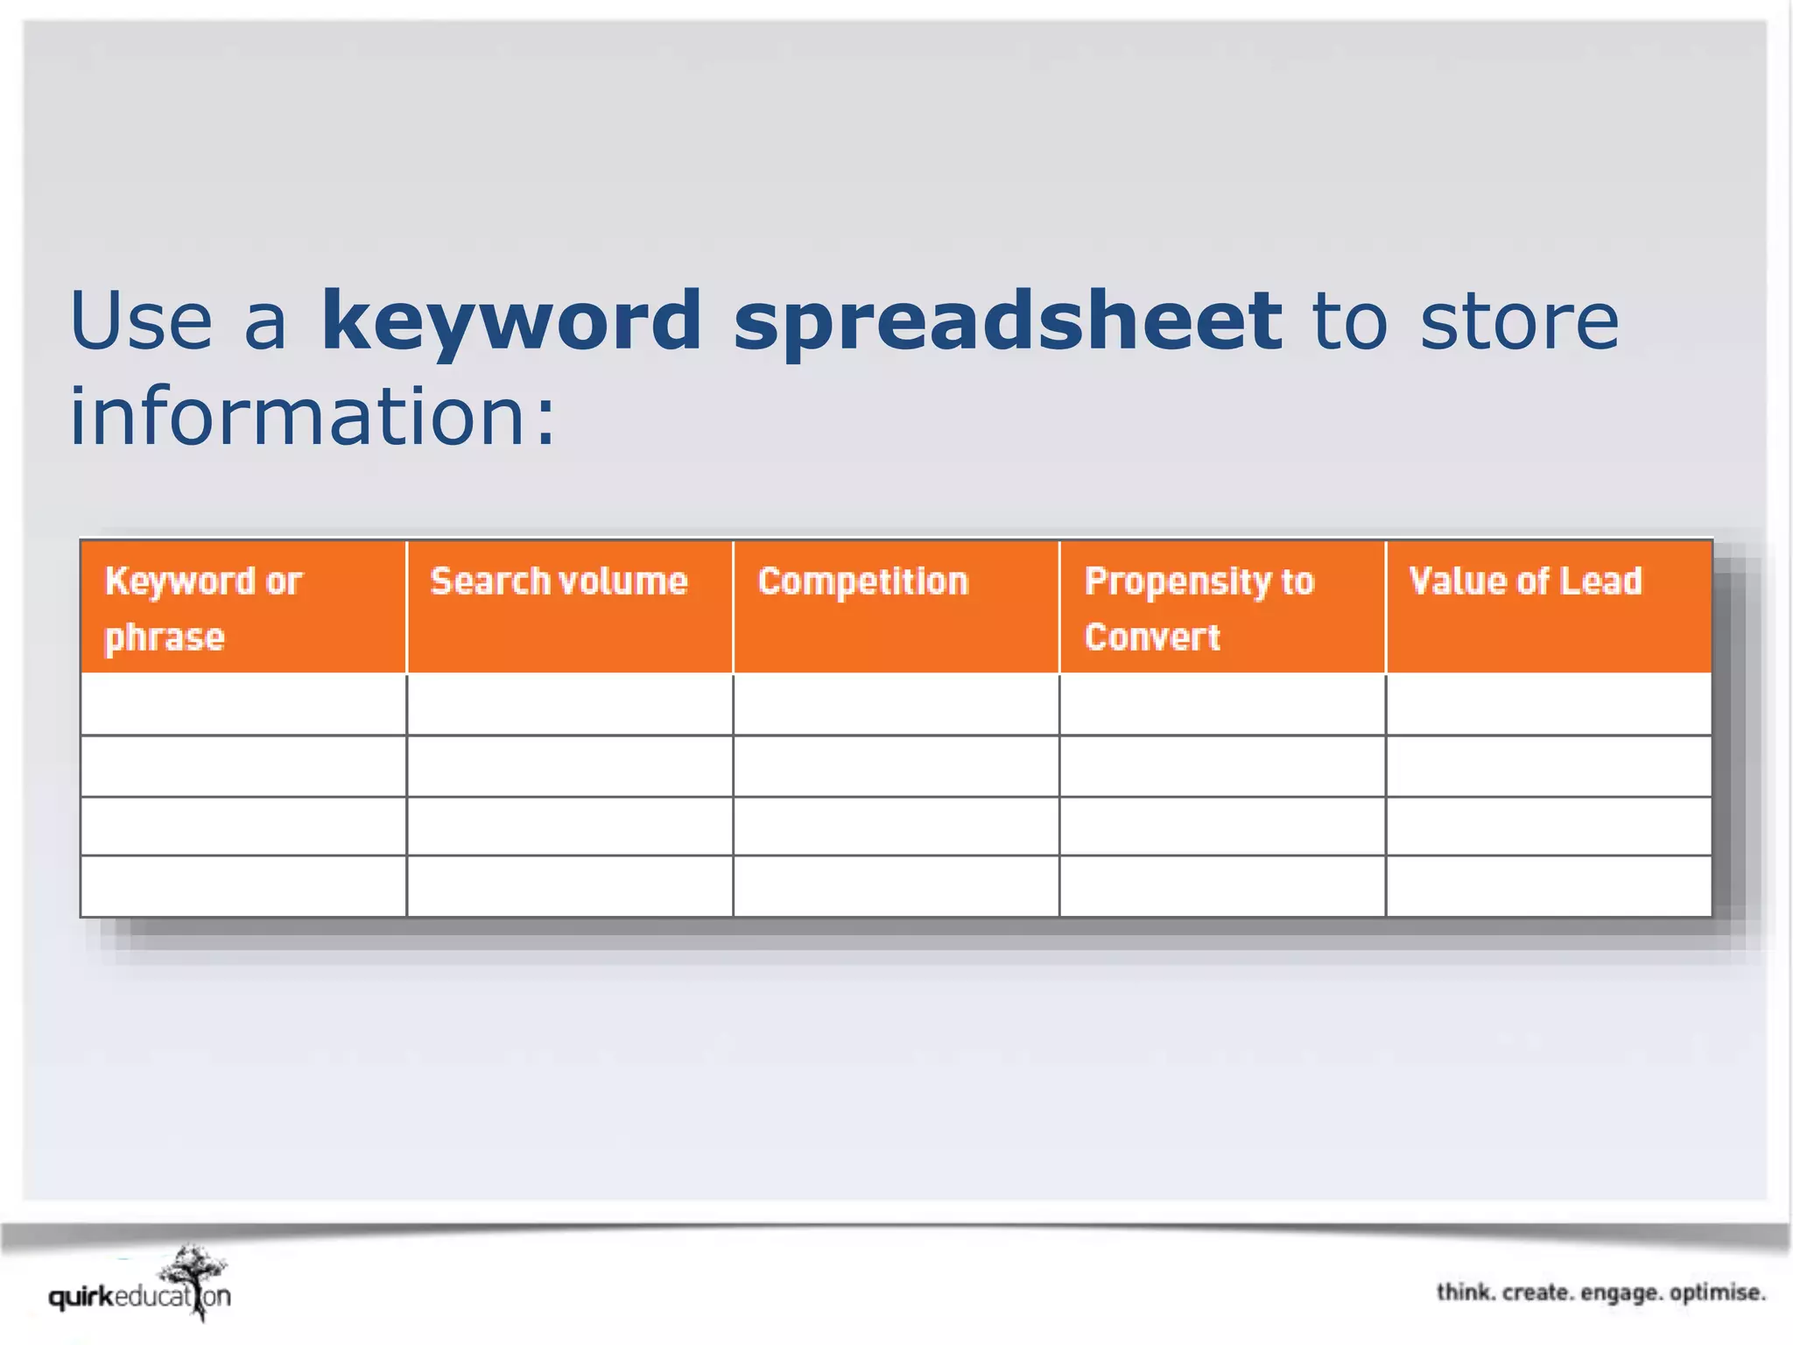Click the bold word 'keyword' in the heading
(x=511, y=321)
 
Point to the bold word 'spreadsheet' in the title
(x=1008, y=321)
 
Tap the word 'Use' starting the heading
(x=141, y=321)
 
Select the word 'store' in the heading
(x=1518, y=321)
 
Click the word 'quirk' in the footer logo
(x=81, y=1297)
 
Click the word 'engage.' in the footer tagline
(x=1620, y=1293)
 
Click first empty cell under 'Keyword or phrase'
(x=243, y=704)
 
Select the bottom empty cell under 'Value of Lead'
(x=1548, y=886)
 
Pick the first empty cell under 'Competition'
(x=896, y=704)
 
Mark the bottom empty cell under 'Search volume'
(x=569, y=886)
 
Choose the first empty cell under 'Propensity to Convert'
(x=1222, y=704)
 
